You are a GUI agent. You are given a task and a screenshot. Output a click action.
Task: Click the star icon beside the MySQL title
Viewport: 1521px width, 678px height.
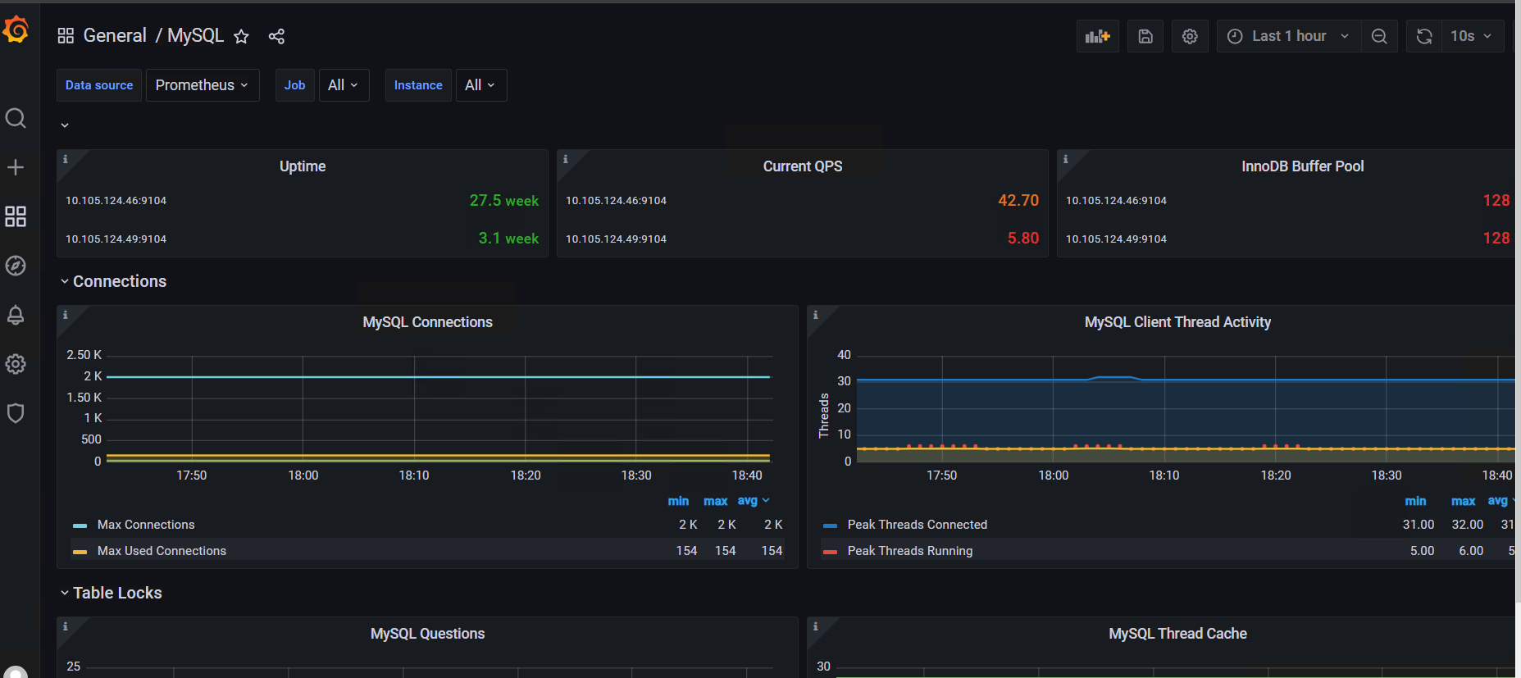pos(241,36)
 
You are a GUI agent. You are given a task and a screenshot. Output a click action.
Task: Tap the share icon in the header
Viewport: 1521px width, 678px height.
pos(276,36)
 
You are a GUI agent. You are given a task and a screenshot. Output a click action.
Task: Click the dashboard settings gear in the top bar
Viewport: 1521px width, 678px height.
pos(1190,36)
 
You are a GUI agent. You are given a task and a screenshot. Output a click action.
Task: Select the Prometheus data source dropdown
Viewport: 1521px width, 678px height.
pos(203,85)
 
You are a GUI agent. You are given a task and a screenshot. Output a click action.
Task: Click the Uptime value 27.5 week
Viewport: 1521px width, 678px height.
pos(504,201)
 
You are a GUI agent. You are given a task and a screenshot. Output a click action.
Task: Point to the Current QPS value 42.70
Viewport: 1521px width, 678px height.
pos(1018,201)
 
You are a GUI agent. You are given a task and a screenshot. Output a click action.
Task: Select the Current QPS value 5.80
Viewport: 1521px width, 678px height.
pos(1023,239)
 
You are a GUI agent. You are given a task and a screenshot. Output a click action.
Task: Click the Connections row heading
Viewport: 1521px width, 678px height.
pos(120,281)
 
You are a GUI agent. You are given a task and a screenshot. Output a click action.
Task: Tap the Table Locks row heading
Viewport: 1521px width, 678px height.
pos(117,593)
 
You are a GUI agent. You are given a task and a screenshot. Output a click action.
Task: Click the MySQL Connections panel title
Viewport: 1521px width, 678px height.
pos(428,322)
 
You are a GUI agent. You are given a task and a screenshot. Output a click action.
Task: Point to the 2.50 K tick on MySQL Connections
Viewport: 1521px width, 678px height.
pos(84,355)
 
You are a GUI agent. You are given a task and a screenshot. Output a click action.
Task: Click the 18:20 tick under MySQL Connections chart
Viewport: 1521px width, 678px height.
pos(526,476)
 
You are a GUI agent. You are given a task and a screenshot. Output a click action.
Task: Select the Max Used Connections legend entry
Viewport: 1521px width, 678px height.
pos(162,551)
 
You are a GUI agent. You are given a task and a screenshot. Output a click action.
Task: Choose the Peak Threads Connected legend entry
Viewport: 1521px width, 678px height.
pos(918,525)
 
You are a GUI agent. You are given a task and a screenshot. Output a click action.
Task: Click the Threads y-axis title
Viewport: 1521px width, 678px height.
pos(824,416)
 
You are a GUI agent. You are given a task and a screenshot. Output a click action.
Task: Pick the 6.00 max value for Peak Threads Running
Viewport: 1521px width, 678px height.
pos(1471,551)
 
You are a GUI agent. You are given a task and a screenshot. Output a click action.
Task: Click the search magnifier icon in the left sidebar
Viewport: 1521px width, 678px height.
pos(16,118)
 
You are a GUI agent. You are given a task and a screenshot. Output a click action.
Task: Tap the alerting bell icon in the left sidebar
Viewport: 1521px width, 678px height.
pos(16,315)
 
